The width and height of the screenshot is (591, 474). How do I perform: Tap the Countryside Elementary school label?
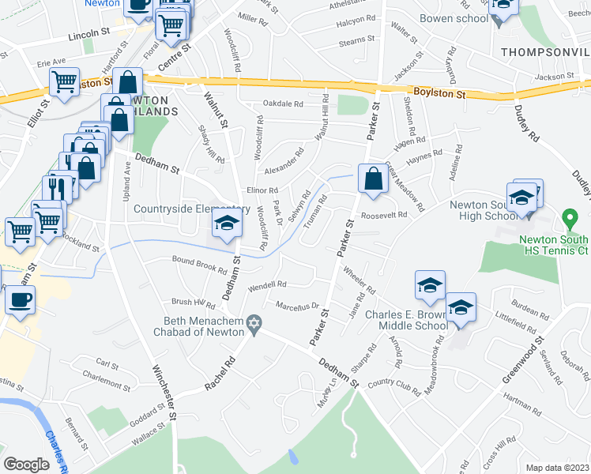[x=171, y=209]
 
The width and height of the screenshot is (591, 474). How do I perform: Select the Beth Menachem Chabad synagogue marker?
[x=254, y=322]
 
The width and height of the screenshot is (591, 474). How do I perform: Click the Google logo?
[x=26, y=465]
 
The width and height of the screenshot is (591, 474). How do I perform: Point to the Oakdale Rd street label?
[x=283, y=103]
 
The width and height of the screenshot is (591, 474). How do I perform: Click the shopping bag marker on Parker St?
[x=372, y=179]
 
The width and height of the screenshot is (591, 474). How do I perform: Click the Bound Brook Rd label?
[x=199, y=264]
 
